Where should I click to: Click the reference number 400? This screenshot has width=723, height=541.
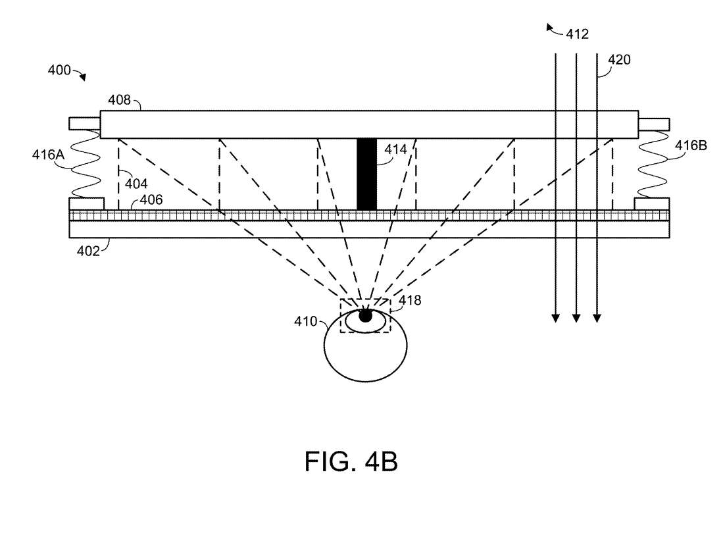click(59, 70)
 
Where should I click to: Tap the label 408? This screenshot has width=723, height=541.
click(120, 101)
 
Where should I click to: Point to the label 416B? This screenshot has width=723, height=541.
click(690, 145)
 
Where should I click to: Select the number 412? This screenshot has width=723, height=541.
click(577, 35)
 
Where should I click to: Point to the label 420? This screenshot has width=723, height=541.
click(619, 60)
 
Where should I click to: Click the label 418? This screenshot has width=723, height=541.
click(409, 300)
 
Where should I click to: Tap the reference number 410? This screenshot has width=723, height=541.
click(306, 322)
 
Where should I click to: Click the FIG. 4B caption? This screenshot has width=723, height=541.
click(351, 461)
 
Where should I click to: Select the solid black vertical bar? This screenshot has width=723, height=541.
click(366, 174)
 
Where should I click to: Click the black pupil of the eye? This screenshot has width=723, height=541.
click(365, 317)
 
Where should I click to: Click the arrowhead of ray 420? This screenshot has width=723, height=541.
click(597, 319)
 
